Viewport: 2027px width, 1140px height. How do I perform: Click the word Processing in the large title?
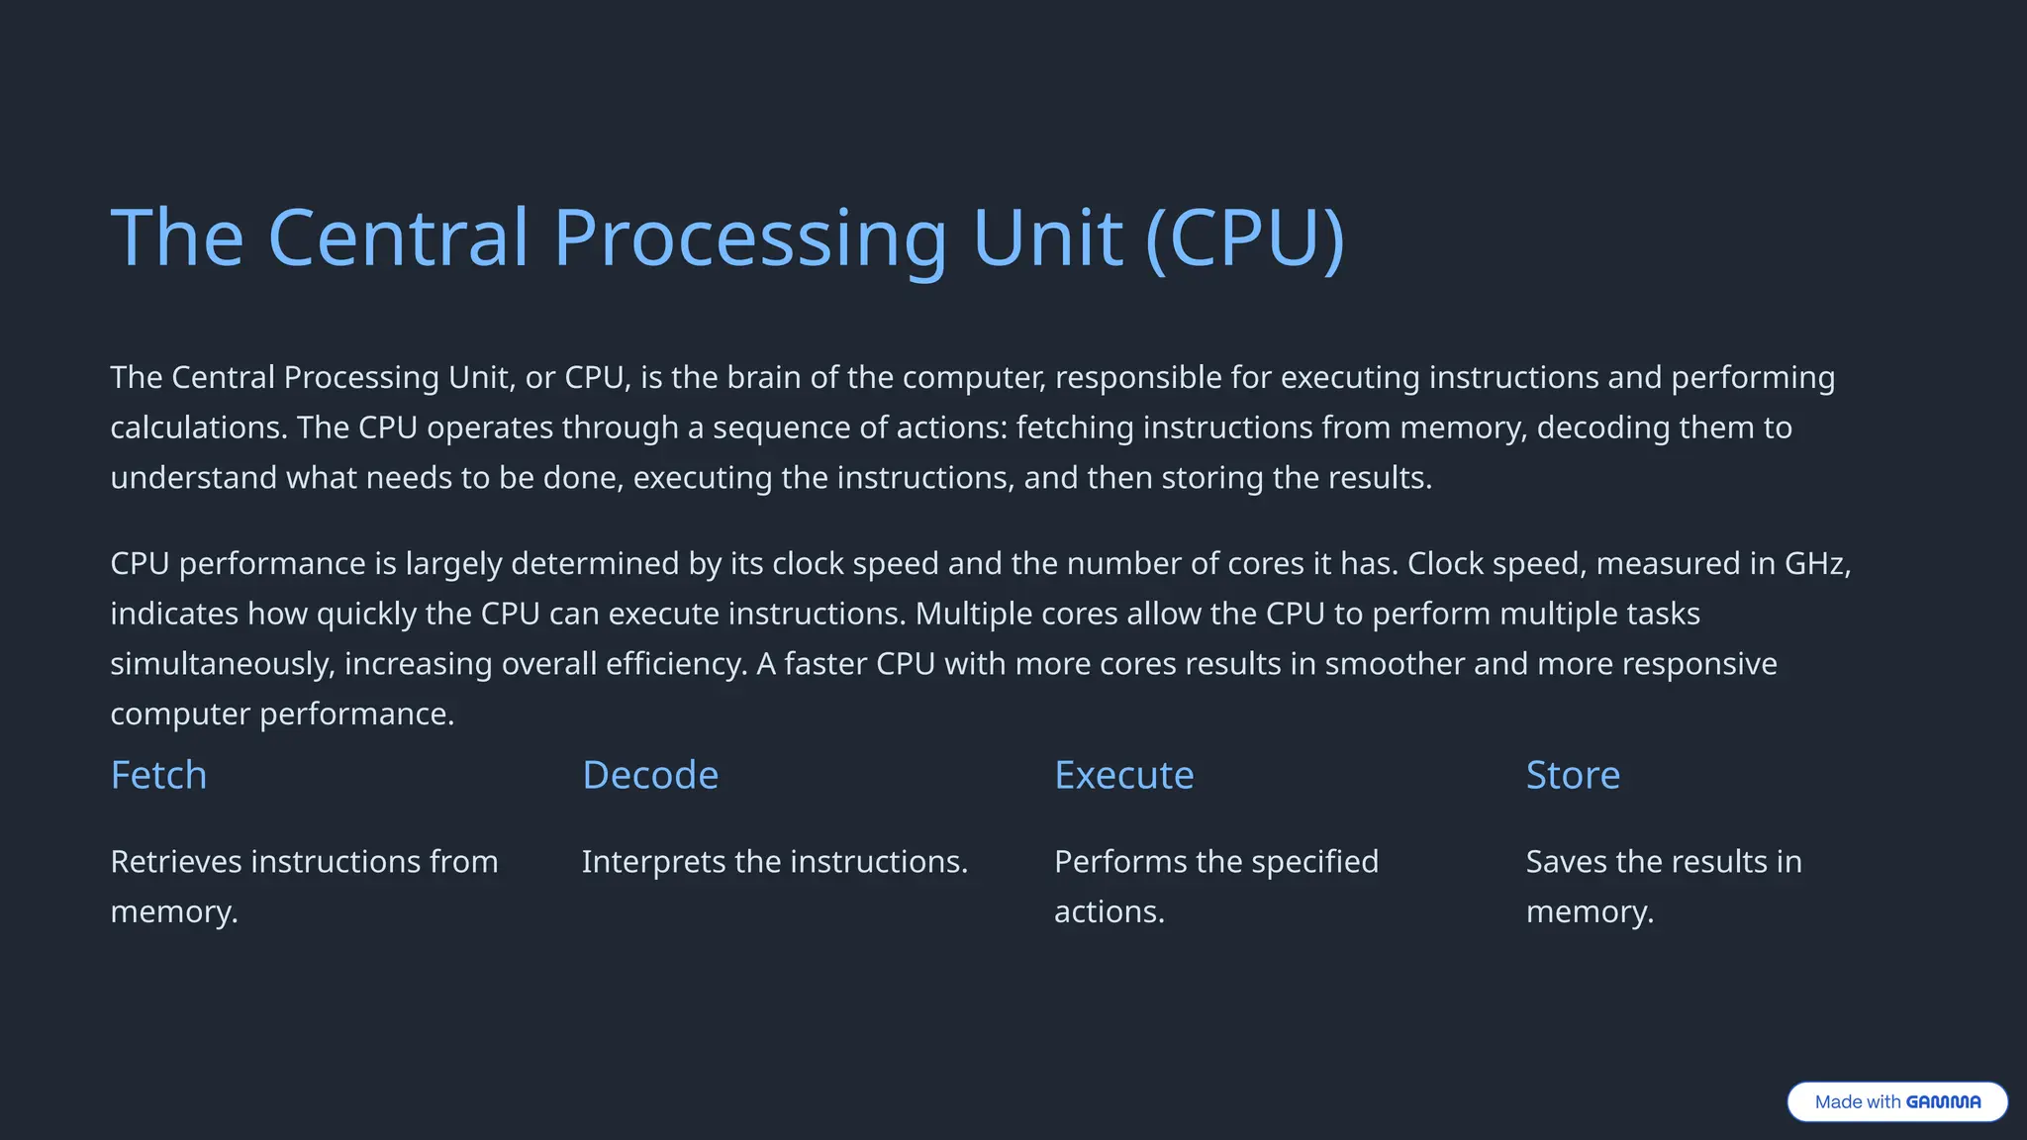(x=750, y=238)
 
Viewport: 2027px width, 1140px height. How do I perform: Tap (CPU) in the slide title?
(x=1244, y=238)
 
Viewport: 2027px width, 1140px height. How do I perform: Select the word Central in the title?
(x=398, y=238)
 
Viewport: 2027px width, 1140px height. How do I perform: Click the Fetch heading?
(x=158, y=775)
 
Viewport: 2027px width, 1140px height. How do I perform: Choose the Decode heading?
(x=650, y=775)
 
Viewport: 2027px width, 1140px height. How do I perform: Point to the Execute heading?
(x=1123, y=775)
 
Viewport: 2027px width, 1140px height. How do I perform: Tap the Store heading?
(x=1573, y=775)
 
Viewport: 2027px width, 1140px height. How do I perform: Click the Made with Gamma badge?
(x=1897, y=1101)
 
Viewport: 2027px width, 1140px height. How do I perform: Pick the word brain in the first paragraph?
(x=762, y=377)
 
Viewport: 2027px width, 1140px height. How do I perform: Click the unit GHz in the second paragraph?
(x=1814, y=563)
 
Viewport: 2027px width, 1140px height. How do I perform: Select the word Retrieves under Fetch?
(x=176, y=862)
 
